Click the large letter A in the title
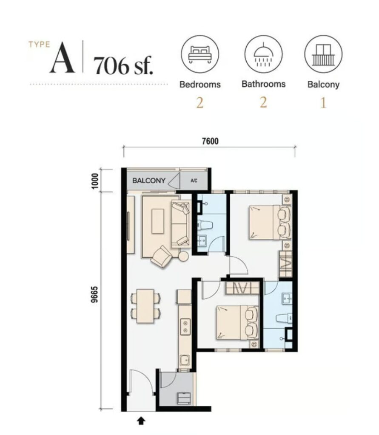point(62,58)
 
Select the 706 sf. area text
point(123,65)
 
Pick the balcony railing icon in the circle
point(323,54)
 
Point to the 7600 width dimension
point(210,141)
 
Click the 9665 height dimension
point(95,294)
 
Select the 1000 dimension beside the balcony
point(95,181)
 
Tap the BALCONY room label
point(149,181)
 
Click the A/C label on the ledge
point(194,181)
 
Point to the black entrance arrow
point(141,421)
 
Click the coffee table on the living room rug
point(158,221)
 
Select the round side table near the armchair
point(183,256)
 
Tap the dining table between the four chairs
point(145,306)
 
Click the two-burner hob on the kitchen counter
point(185,327)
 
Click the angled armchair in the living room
point(162,257)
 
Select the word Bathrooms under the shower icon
point(263,84)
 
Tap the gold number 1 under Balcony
point(323,103)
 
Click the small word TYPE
point(39,44)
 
